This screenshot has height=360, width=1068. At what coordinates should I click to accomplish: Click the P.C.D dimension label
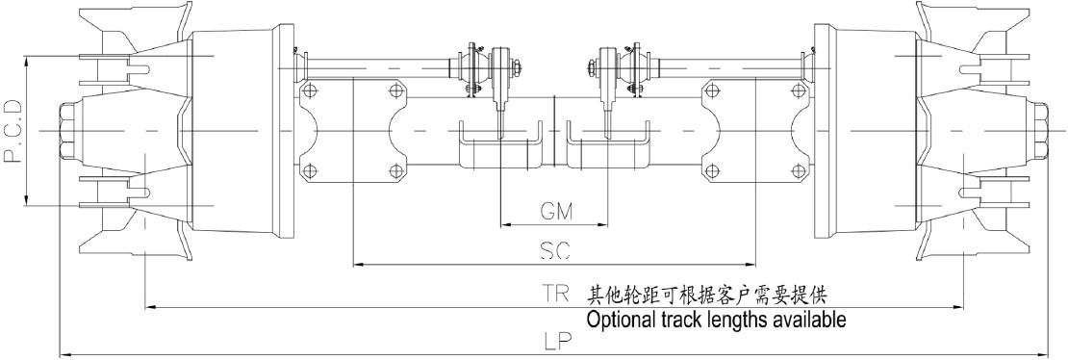click(x=13, y=129)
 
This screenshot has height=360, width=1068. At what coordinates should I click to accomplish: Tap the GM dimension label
click(x=553, y=209)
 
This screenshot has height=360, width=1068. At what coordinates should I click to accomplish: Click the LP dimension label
click(x=555, y=340)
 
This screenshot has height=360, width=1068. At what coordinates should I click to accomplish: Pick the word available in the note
click(x=805, y=319)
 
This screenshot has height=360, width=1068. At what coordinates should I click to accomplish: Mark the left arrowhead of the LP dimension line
click(x=64, y=355)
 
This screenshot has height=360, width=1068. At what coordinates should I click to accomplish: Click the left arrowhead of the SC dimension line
click(x=357, y=263)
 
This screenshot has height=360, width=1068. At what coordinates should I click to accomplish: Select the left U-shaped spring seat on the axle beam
click(x=499, y=146)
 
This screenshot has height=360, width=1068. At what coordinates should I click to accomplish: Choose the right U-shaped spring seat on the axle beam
click(x=607, y=146)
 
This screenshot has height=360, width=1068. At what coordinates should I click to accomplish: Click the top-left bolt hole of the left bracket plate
click(x=309, y=90)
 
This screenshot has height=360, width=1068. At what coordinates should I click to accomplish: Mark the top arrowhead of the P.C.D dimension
click(x=29, y=59)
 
